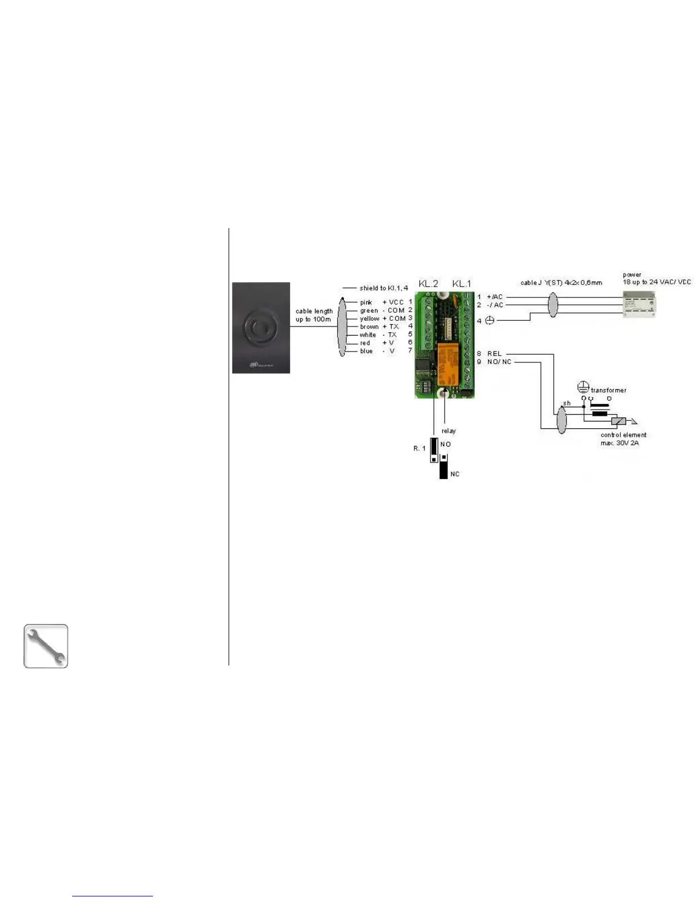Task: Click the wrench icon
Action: (x=45, y=646)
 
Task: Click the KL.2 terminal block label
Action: (x=428, y=283)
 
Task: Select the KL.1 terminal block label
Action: (x=462, y=283)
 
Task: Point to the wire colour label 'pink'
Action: (x=366, y=303)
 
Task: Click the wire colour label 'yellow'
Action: (x=369, y=319)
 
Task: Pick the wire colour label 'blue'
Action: (x=366, y=351)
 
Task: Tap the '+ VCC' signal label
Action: (x=393, y=303)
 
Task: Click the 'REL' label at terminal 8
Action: (x=495, y=354)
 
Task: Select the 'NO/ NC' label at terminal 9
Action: (x=499, y=362)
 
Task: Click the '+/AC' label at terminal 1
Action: (x=495, y=297)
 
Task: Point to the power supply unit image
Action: (x=639, y=304)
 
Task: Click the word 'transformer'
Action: (x=608, y=390)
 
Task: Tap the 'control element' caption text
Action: (x=623, y=435)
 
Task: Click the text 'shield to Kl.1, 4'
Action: (x=383, y=288)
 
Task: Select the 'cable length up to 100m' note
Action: (x=314, y=315)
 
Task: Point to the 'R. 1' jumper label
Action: (x=419, y=448)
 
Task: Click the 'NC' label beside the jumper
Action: (x=455, y=474)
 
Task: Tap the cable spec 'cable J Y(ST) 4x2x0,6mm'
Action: (x=561, y=283)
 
